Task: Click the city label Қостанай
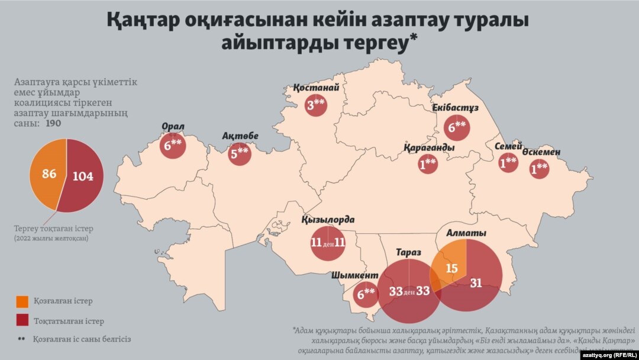pos(317,88)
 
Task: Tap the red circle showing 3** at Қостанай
pos(316,107)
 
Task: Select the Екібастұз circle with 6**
pos(457,126)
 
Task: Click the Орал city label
pos(173,127)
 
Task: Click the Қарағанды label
pos(430,147)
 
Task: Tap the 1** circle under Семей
pos(508,163)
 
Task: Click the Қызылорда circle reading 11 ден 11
pos(327,243)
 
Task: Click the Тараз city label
pos(408,253)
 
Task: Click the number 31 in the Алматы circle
pos(476,283)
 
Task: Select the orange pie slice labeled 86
pos(48,174)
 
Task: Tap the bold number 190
pos(53,124)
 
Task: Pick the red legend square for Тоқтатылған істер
pos(22,320)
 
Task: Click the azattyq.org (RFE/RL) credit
pos(608,354)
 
